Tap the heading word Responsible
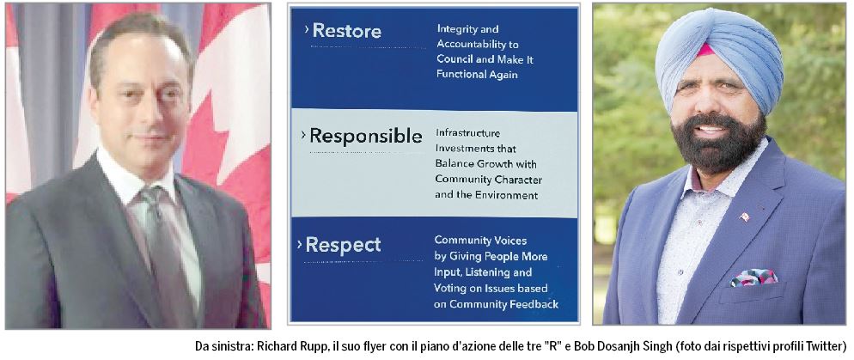[365, 136]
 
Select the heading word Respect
[343, 245]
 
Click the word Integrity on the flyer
[460, 29]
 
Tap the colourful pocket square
[753, 278]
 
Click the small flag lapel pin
[744, 217]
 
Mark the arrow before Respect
[300, 245]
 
